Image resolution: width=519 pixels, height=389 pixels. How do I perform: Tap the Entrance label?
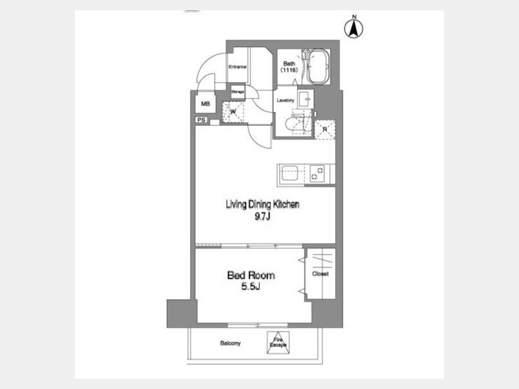point(238,67)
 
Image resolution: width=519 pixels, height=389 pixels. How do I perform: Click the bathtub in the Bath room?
point(318,67)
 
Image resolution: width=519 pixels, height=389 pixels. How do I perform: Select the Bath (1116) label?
point(289,67)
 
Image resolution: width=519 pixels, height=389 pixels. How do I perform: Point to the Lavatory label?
point(285,100)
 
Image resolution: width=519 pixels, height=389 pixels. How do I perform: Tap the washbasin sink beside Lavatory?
point(305,99)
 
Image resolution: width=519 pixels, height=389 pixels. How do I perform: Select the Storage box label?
point(238,92)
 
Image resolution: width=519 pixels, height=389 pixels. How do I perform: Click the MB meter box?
point(205,104)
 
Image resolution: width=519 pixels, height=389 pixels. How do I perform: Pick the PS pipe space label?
point(201,120)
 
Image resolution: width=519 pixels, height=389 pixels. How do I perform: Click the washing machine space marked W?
point(233,112)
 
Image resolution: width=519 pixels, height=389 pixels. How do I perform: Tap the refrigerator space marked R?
point(324,129)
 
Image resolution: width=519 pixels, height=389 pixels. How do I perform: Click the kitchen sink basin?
point(289,173)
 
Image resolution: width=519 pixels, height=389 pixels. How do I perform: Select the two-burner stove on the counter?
point(317,174)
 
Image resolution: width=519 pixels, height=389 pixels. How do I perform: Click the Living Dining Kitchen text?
point(262,205)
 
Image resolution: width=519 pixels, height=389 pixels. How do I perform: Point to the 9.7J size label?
point(262,217)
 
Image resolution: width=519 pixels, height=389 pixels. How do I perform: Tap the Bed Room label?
point(251,275)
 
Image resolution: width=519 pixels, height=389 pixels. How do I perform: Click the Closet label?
point(320,274)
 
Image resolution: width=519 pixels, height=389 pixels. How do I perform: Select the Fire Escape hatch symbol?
point(278,342)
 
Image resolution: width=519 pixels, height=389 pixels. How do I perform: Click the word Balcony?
point(230,343)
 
